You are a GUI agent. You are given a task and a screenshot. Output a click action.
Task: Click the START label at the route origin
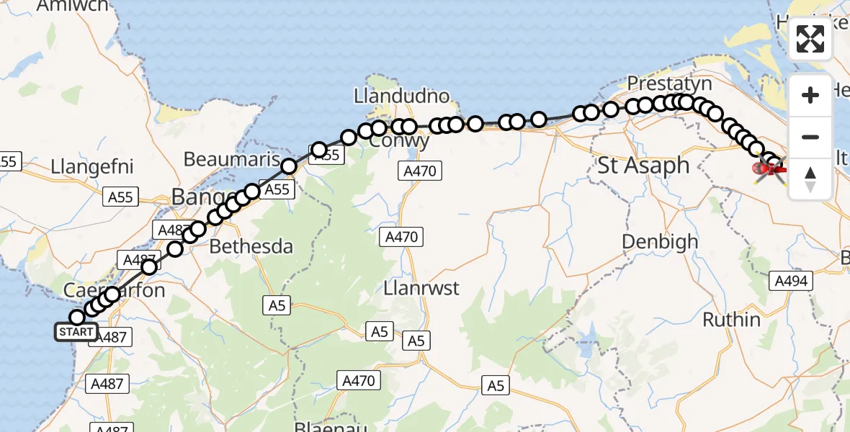[75, 332]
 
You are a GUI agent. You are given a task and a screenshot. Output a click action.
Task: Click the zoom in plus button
[810, 95]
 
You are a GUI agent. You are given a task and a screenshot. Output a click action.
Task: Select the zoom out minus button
[810, 137]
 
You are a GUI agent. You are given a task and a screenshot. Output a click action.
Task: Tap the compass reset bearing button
[810, 179]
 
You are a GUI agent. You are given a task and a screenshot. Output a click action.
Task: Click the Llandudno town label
[401, 96]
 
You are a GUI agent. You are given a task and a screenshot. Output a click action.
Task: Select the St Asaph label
[643, 166]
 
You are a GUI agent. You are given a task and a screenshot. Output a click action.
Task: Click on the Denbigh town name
[660, 241]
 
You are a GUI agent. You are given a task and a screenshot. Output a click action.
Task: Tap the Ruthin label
[731, 319]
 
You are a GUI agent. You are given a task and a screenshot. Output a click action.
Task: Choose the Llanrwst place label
[422, 289]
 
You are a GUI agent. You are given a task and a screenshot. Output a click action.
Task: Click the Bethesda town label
[251, 247]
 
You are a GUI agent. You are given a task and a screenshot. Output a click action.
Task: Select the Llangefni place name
[92, 167]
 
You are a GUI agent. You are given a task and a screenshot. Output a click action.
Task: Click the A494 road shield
[789, 281]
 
